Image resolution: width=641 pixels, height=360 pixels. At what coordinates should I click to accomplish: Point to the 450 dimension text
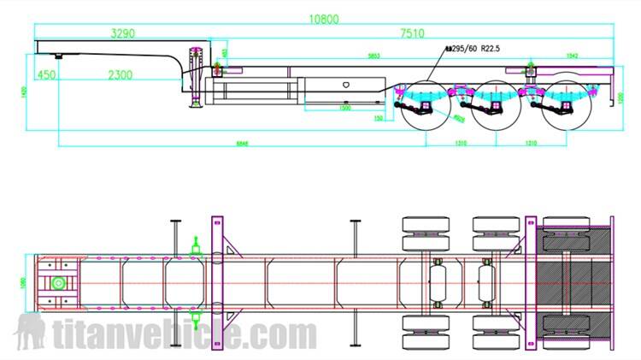click(x=46, y=75)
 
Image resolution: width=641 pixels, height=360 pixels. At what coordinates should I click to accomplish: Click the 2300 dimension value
click(x=120, y=75)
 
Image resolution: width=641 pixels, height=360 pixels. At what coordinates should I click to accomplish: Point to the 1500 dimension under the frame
click(x=345, y=109)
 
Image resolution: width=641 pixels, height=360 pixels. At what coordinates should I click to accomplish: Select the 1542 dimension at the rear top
click(x=571, y=56)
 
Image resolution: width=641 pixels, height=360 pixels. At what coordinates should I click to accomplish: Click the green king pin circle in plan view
click(x=57, y=284)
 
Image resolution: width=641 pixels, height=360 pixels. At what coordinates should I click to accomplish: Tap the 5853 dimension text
click(x=373, y=56)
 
